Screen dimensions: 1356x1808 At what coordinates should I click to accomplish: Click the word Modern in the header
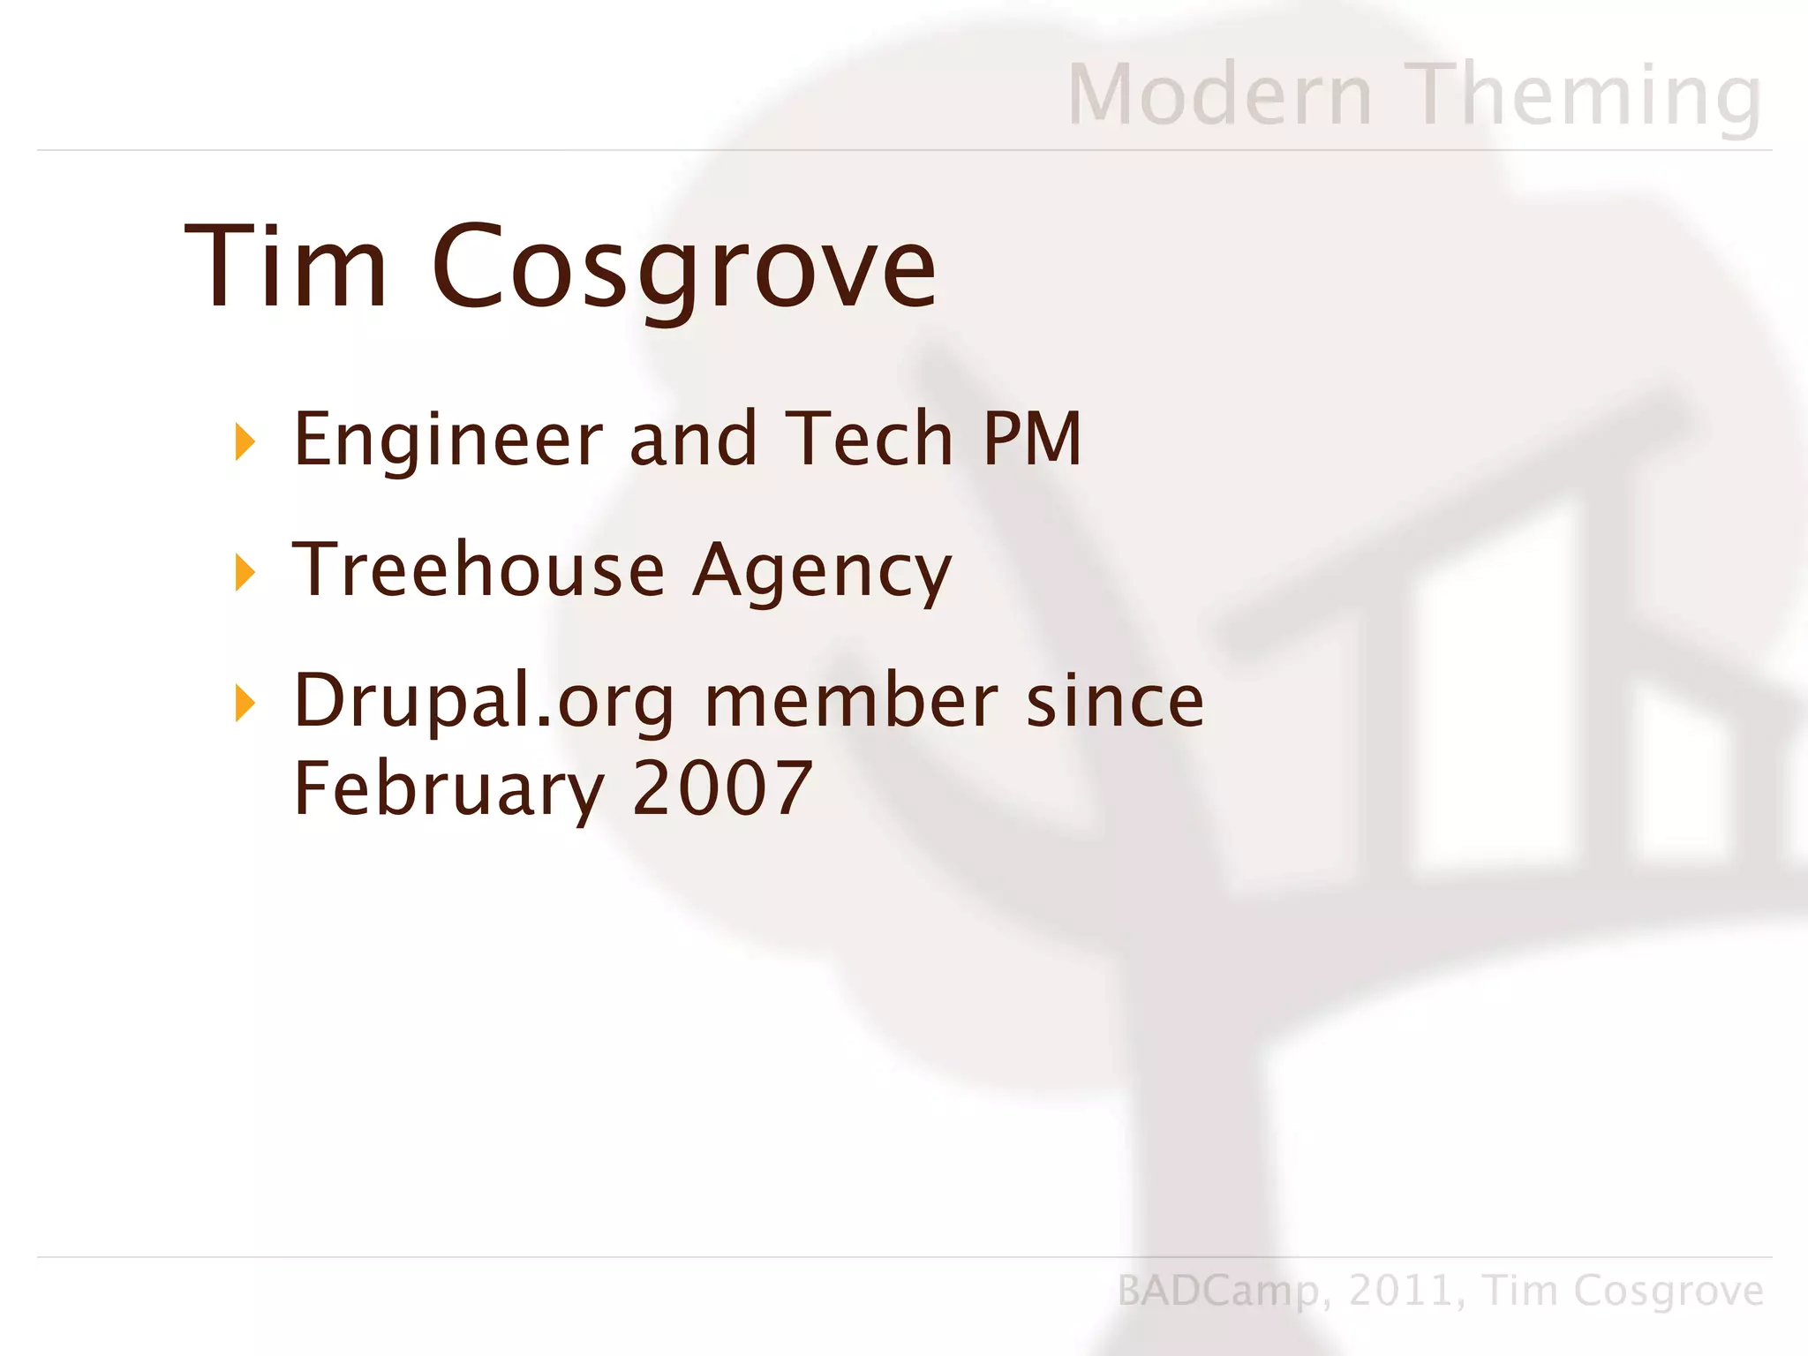(1220, 94)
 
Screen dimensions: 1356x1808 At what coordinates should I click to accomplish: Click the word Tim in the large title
(286, 266)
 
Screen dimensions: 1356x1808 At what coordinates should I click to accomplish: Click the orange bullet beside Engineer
(245, 441)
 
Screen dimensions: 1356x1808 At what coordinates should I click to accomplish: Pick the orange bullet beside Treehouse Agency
(245, 572)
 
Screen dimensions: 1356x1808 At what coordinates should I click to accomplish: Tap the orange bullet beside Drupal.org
(245, 703)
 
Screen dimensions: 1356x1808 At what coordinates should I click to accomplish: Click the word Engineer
(448, 440)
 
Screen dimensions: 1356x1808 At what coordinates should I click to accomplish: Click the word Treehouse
(478, 569)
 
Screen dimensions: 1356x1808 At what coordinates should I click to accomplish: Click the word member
(851, 701)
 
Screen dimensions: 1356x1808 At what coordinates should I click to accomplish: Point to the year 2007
(722, 787)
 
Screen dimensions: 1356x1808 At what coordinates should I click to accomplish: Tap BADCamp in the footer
(1217, 1292)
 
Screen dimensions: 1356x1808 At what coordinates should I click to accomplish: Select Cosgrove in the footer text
(1668, 1292)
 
